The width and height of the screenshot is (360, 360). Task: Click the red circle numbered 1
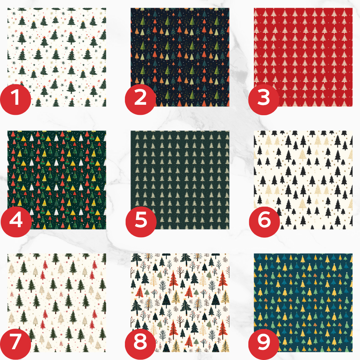point(15,99)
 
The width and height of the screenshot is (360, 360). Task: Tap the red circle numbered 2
point(140,99)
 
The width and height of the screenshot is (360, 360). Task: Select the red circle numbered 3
point(264,99)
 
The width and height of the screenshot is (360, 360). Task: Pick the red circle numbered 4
point(16,222)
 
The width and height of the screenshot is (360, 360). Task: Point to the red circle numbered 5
point(141,222)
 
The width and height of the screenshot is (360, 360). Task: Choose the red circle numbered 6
point(265,222)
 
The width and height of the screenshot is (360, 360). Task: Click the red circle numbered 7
point(15,344)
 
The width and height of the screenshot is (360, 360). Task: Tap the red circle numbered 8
point(140,344)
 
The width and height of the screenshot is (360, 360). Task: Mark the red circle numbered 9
point(264,344)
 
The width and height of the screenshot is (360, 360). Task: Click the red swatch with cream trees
point(303,57)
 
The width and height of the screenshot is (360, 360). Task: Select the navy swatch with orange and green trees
point(180,57)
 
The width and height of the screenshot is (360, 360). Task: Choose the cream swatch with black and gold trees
point(303,180)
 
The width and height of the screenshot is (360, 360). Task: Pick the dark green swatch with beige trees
point(180,180)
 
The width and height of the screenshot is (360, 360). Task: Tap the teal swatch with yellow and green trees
point(303,303)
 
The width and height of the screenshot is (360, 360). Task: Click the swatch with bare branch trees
point(180,303)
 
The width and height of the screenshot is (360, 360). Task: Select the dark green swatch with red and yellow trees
point(57,180)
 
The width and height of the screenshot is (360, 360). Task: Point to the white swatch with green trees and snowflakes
point(57,57)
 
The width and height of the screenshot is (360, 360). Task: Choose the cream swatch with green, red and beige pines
point(57,303)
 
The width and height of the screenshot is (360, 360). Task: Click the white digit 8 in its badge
point(140,342)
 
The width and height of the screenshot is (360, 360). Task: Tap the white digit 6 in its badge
point(264,220)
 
